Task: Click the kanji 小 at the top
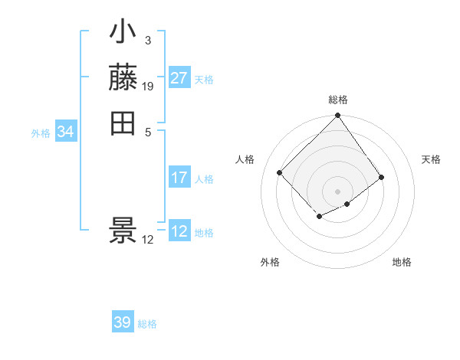point(123,33)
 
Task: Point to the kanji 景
point(123,231)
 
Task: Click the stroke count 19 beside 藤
point(148,86)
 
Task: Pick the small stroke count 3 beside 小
point(147,39)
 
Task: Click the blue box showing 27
point(179,78)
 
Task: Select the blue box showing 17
point(179,178)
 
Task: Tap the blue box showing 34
point(65,132)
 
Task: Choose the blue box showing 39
point(123,322)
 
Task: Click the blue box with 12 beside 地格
point(179,231)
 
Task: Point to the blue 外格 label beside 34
point(41,133)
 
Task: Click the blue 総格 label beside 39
point(147,324)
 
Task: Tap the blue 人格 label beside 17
point(204,179)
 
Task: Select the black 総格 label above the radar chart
point(337,100)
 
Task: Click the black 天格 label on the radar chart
point(431,159)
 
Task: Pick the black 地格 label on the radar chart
point(402,262)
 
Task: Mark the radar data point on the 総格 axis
point(337,116)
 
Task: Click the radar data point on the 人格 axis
point(280,172)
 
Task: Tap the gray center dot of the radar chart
point(337,191)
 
